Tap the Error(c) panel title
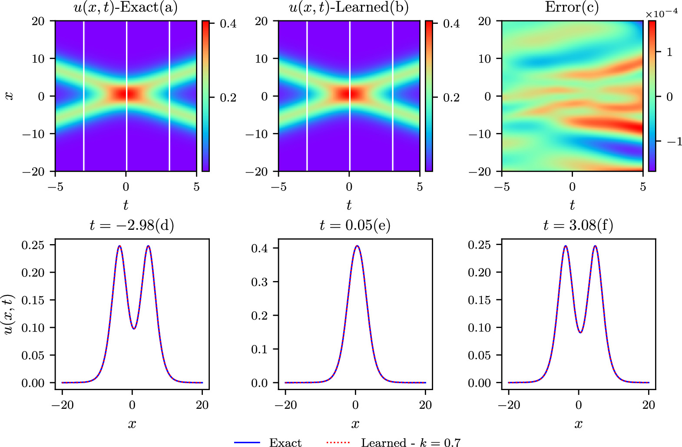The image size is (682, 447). coord(572,7)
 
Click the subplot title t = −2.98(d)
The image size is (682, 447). coord(132,225)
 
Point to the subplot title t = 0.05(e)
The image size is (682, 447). coord(355,225)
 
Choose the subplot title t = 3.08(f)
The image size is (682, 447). coord(578,225)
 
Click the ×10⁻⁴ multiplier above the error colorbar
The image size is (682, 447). coord(661,14)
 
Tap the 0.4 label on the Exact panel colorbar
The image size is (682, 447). coord(228,23)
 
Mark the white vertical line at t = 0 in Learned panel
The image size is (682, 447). coord(350,130)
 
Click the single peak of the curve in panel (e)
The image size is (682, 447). coord(357,246)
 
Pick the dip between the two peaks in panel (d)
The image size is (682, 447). coord(134,328)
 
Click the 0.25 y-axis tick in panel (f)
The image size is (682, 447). coord(479,245)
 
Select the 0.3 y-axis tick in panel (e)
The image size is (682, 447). coord(259,282)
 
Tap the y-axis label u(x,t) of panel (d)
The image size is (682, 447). coord(8,315)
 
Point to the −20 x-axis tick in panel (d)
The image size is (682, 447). coord(62,405)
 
